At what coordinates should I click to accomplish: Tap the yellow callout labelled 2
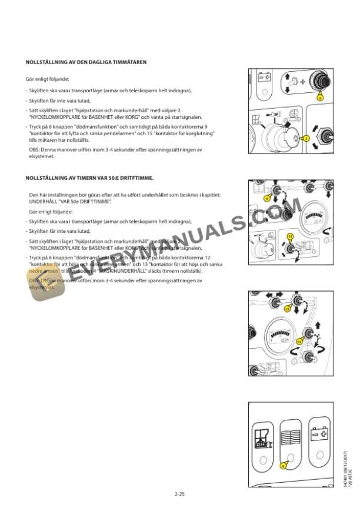306,139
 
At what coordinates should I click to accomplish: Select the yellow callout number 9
266,199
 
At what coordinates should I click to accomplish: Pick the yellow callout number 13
299,341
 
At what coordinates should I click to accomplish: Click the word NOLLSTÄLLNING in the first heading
46,61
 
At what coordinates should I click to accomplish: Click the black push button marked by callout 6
320,82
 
